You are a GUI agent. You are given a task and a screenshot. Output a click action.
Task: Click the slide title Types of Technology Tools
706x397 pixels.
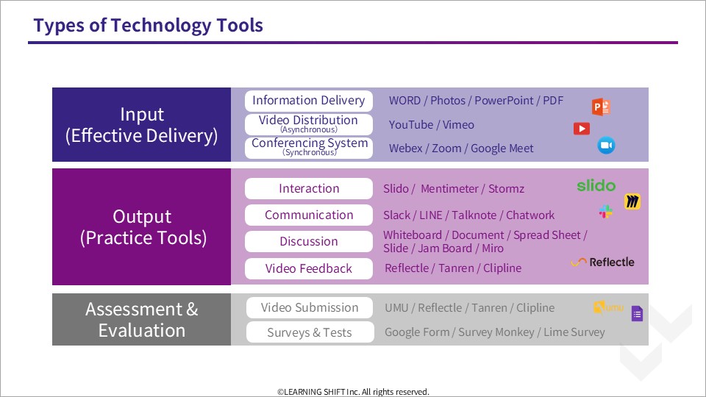[148, 26]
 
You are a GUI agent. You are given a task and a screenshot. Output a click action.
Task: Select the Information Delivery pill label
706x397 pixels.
[308, 101]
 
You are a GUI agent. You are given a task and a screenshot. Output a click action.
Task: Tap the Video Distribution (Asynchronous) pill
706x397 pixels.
[308, 124]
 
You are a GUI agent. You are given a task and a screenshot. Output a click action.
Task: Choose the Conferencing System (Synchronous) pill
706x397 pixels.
[309, 147]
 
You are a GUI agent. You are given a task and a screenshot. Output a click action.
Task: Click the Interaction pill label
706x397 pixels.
[309, 189]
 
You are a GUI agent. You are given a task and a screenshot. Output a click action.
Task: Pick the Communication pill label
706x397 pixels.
[309, 215]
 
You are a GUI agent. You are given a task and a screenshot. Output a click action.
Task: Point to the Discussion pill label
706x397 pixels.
[309, 242]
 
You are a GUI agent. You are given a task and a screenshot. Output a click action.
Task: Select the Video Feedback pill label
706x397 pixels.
[309, 269]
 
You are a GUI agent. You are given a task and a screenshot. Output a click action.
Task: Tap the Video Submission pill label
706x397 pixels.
[309, 308]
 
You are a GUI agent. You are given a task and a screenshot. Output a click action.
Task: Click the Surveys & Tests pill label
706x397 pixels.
[309, 332]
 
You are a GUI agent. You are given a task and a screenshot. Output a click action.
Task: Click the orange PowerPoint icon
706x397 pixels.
[602, 107]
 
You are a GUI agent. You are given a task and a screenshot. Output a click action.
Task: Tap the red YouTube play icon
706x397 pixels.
[582, 129]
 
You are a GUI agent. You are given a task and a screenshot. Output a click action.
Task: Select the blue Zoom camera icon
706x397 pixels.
[606, 146]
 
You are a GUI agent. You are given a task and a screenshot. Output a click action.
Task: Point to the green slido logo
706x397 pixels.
[596, 186]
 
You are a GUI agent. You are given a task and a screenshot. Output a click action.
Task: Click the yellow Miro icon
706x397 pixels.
[632, 201]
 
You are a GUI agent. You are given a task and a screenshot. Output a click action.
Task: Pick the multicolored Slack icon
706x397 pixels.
[606, 212]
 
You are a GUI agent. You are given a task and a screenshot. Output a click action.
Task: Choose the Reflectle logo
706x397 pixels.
[602, 262]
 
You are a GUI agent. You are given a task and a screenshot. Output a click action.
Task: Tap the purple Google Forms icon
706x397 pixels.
[637, 314]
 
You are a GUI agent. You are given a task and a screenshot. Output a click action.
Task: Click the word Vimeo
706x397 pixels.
[459, 125]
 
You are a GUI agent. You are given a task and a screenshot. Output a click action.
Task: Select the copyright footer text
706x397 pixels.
[353, 392]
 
